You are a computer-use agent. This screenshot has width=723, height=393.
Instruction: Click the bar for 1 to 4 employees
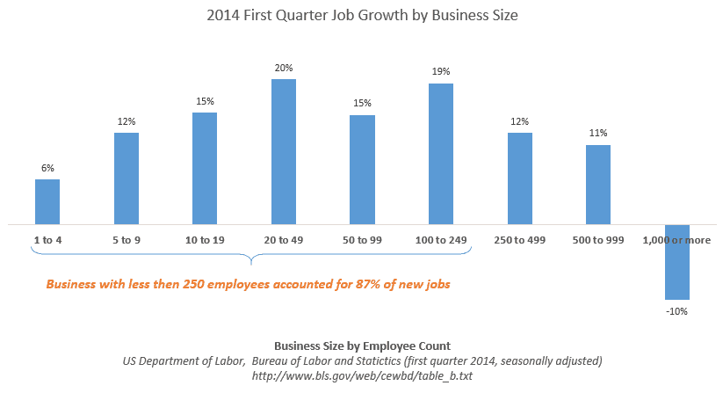point(47,202)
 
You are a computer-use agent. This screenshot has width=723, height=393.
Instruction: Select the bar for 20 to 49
point(283,151)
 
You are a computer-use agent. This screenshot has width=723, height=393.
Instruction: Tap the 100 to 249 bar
point(440,154)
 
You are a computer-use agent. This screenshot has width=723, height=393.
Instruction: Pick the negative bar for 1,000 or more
point(676,262)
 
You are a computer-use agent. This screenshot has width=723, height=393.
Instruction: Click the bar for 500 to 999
point(598,185)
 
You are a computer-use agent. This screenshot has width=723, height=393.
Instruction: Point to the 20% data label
point(283,68)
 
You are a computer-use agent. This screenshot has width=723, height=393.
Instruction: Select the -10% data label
point(676,310)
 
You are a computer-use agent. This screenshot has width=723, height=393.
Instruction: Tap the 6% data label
point(47,168)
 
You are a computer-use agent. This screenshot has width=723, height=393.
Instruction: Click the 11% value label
point(598,134)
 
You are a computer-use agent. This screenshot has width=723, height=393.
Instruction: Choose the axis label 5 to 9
point(126,239)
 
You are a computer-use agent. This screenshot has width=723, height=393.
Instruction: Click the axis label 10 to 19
point(205,239)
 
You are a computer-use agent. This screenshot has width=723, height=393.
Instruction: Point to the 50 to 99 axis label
point(362,239)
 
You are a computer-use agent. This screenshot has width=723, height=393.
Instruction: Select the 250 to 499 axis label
point(519,239)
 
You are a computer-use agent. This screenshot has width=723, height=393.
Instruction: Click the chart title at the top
point(361,15)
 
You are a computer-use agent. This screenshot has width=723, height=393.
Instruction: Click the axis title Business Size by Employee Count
point(361,346)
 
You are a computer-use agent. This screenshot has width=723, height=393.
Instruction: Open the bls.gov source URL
point(361,375)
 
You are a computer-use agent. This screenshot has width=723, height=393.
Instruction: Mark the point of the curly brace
point(252,261)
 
